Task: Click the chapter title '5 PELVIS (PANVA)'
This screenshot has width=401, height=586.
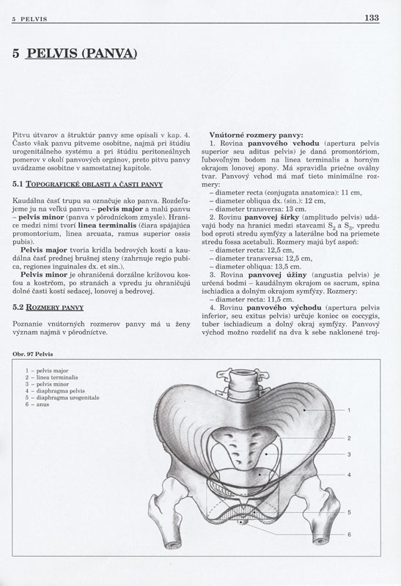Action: tap(76, 53)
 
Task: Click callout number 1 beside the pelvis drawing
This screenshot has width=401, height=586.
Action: tap(349, 411)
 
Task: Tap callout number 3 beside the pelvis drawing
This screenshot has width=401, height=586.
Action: tap(349, 454)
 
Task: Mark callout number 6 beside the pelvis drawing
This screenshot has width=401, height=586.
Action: tap(349, 534)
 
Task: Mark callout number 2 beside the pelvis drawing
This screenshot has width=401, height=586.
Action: tap(349, 438)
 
